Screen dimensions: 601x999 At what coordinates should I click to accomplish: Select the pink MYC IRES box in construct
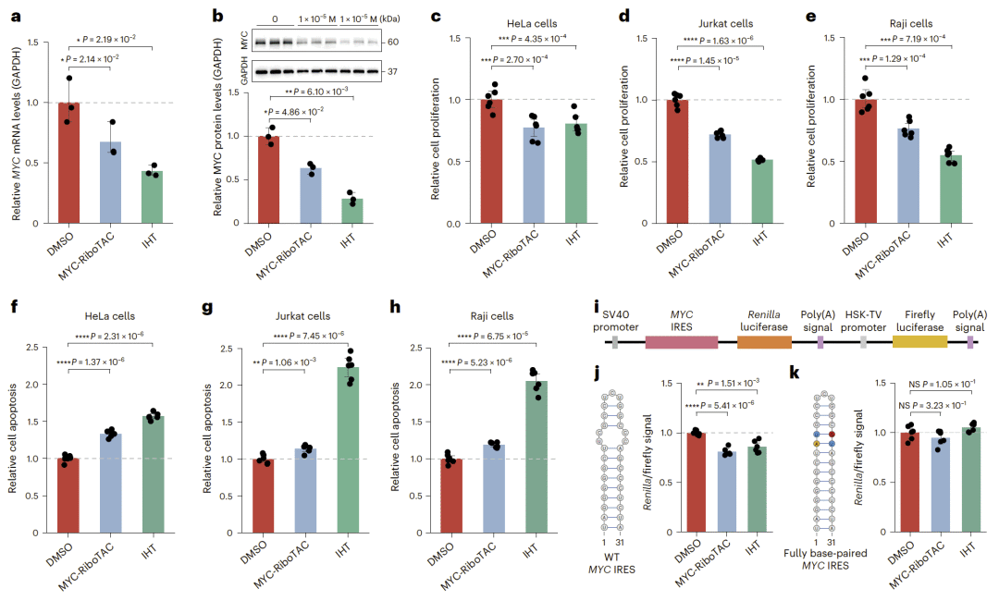click(x=681, y=342)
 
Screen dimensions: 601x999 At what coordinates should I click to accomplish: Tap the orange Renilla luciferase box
click(x=764, y=342)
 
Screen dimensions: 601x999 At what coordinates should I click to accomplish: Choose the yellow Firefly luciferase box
click(x=919, y=342)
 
